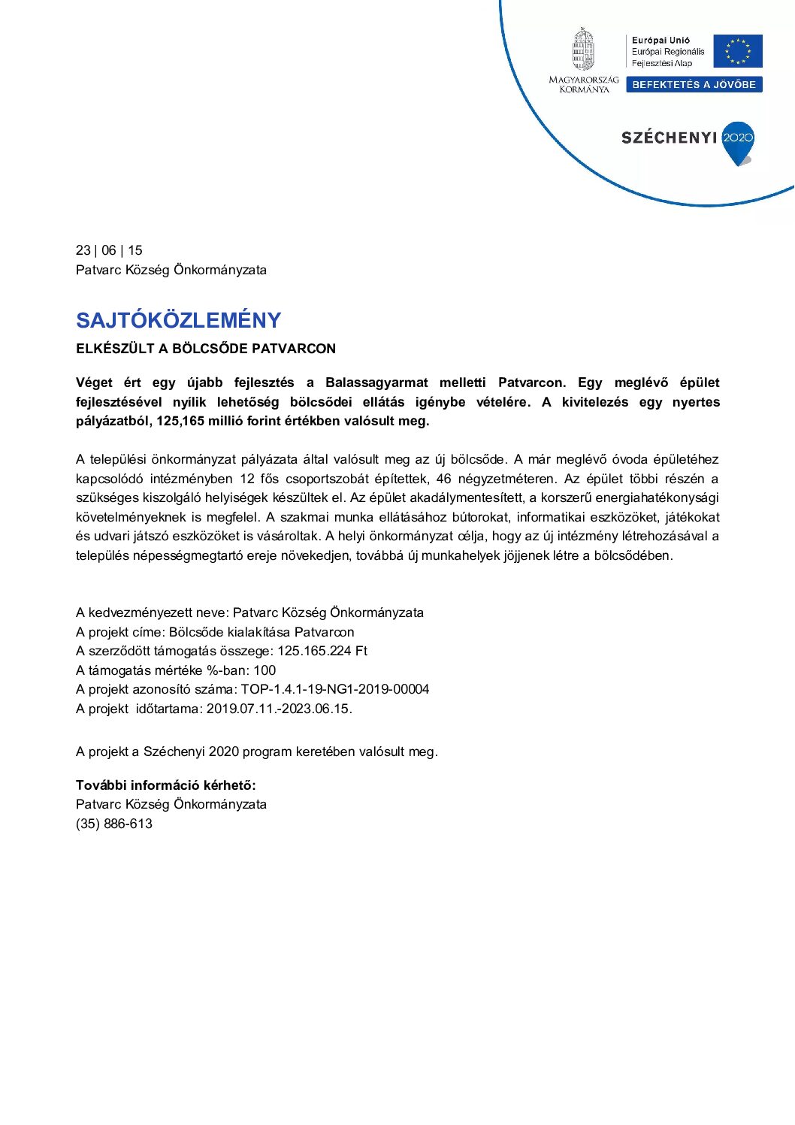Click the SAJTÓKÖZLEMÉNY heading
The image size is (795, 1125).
pos(178,320)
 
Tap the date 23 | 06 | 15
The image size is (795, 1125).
pos(109,250)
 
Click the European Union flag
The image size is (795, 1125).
pos(738,51)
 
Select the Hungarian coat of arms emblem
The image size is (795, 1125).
pos(583,50)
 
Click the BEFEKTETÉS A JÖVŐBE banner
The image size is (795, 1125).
pos(694,85)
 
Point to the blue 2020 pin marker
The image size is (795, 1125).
pos(738,141)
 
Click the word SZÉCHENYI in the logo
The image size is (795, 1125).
pos(669,138)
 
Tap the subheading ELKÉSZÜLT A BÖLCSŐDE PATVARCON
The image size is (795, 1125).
pos(206,349)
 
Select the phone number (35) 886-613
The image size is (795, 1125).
pos(114,824)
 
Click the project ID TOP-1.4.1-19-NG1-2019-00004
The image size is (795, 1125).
pos(335,689)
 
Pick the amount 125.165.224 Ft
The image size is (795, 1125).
pos(322,651)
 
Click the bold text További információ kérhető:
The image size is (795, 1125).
pos(166,785)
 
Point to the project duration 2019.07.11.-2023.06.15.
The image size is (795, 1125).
pos(279,709)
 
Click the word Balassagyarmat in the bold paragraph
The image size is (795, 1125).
pos(376,383)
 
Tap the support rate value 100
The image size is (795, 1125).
pos(264,670)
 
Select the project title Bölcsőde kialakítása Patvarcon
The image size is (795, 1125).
pos(261,632)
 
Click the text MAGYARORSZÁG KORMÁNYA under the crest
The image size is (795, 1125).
pos(584,84)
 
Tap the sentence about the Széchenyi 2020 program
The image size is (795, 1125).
pos(256,752)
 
